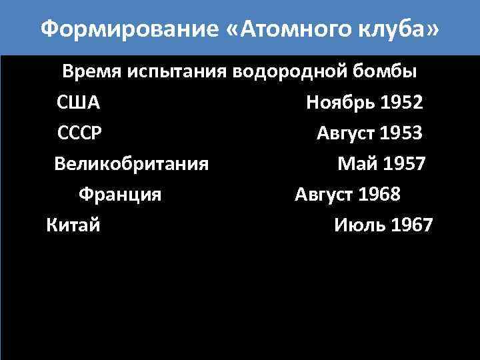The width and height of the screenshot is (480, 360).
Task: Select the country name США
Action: [x=78, y=103]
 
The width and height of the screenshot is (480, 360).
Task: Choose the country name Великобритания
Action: [x=131, y=163]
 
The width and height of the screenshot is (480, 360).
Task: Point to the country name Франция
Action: [x=120, y=195]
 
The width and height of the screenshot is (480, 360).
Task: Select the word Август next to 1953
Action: [x=345, y=133]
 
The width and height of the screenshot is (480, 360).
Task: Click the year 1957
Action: [x=403, y=163]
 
